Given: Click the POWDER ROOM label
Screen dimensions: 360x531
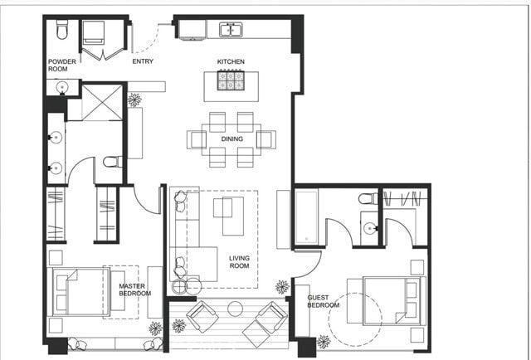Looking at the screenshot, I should click(61, 66).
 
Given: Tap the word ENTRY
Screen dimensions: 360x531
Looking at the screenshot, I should click(143, 61).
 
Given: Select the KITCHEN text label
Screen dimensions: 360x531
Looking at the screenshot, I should click(231, 62).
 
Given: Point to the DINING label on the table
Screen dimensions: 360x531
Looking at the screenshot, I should click(231, 139).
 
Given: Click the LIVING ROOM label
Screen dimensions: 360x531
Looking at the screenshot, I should click(240, 262).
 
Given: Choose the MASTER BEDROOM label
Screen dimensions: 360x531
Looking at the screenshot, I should click(134, 289).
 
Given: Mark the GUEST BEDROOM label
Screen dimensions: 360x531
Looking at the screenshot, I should click(323, 301).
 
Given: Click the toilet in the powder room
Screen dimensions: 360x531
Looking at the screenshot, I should click(62, 30).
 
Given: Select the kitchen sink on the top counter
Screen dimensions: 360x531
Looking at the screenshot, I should click(231, 30).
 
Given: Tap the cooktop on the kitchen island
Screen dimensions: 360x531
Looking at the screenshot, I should click(231, 80).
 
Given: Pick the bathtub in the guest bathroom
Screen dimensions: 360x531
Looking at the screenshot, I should click(306, 217).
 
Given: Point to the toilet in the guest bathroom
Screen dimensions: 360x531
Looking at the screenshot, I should click(368, 199).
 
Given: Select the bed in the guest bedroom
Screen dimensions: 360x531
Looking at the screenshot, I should click(390, 302).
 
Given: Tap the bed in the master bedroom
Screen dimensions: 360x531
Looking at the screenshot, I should click(83, 290).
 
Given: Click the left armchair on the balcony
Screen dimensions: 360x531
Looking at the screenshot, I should click(202, 317).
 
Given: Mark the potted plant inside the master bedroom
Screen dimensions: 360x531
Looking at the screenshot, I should click(154, 328).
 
